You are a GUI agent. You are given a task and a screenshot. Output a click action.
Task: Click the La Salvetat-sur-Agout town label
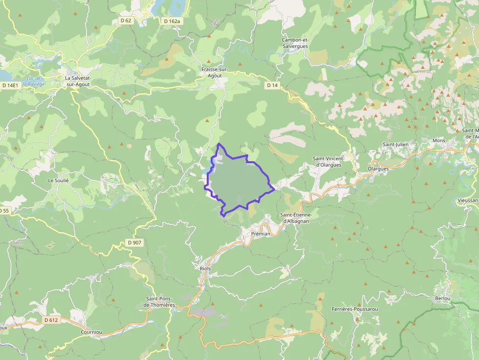[79, 81]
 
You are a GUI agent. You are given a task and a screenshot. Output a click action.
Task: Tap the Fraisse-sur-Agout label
[215, 72]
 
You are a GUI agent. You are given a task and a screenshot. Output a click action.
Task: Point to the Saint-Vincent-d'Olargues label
[329, 162]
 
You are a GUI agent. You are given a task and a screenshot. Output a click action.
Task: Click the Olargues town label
[378, 169]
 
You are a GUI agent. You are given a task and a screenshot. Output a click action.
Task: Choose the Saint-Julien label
[395, 145]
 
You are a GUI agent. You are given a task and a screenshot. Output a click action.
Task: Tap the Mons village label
[438, 141]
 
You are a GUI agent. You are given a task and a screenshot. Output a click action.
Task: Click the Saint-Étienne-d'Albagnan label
[299, 218]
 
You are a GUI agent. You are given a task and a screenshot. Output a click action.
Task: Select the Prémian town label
[260, 233]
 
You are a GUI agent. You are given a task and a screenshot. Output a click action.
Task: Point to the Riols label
[205, 269]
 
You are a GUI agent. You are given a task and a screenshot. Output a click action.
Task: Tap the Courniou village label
[91, 332]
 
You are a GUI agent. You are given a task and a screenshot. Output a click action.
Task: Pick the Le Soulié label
[58, 180]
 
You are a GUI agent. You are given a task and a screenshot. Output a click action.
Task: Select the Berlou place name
[442, 298]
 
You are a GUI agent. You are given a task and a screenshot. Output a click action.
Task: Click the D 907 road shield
[135, 242]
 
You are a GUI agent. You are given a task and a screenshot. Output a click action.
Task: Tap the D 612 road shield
[50, 320]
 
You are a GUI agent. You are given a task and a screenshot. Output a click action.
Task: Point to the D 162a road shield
[172, 21]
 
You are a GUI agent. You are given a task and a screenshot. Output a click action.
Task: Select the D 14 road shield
[272, 85]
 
